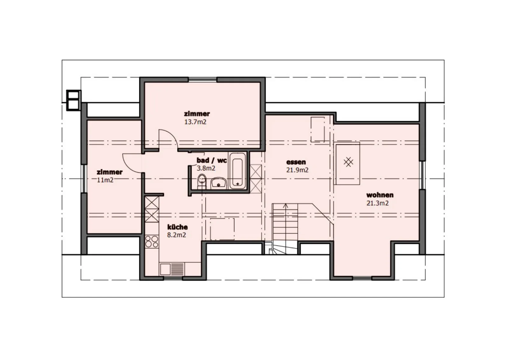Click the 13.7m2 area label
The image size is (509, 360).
(195, 122)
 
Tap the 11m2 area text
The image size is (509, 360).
(105, 180)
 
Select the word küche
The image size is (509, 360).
(178, 227)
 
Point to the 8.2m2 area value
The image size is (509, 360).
(177, 235)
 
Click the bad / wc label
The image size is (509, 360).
(212, 160)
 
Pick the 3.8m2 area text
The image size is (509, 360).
(206, 168)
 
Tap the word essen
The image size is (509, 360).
(296, 162)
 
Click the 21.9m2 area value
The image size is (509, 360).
(297, 170)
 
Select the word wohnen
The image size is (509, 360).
(380, 195)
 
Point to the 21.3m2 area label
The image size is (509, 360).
(377, 203)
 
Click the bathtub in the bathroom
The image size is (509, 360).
(237, 171)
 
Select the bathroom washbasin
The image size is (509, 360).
(219, 183)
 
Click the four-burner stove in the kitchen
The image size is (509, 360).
(152, 241)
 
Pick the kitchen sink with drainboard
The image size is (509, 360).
(172, 269)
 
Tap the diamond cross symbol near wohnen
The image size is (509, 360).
(348, 162)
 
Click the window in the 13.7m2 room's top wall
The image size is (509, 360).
(202, 80)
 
